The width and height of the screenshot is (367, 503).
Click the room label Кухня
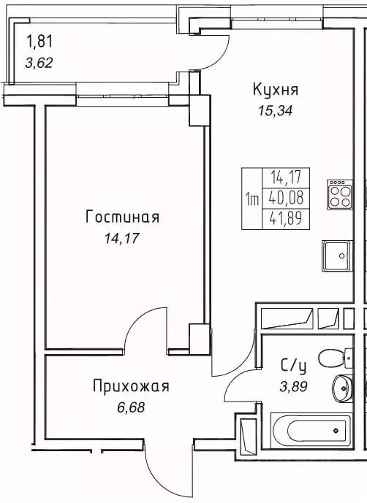click(x=276, y=90)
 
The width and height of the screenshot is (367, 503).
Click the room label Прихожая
click(x=130, y=386)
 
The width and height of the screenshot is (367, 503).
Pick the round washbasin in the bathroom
click(x=341, y=387)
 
